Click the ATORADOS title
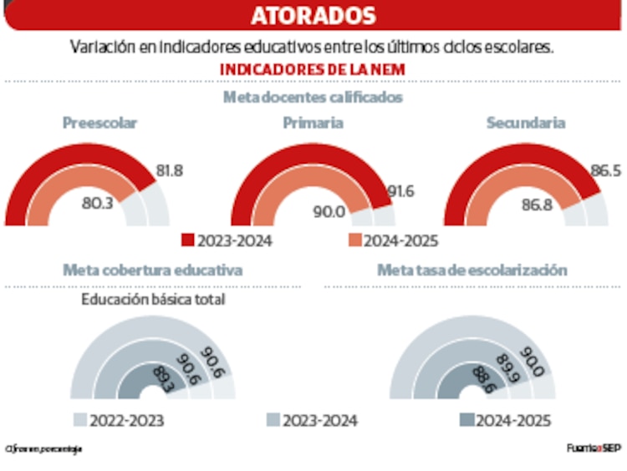coord(313,16)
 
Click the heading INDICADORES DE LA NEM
coord(313,69)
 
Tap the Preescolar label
coord(99,123)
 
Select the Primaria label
coord(313,123)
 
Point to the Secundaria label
coord(526,123)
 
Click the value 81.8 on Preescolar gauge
coord(169,170)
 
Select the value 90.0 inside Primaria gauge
coord(329,211)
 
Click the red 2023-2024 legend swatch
coord(188,241)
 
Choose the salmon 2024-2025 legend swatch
coord(354,241)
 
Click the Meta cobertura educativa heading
coord(153,270)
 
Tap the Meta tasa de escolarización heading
coord(472,270)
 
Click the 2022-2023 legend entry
coord(119,420)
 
